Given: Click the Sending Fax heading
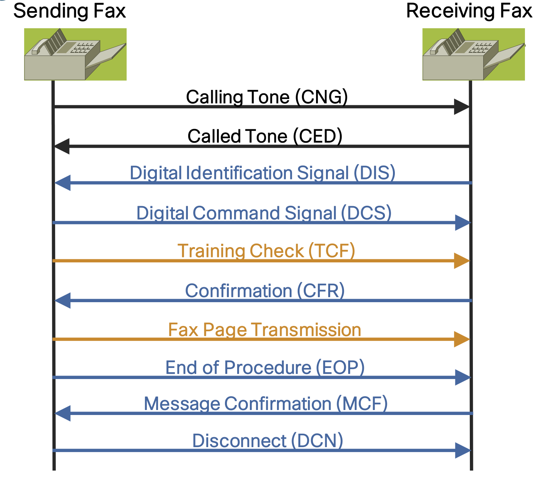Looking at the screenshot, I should (69, 11).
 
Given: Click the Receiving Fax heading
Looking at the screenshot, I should (469, 11).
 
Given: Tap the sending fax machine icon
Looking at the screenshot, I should (75, 54).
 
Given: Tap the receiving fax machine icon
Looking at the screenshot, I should (474, 54).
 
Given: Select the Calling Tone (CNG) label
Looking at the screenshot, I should (267, 97).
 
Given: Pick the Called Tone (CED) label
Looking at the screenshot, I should (265, 136).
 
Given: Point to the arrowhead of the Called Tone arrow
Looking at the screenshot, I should (62, 146).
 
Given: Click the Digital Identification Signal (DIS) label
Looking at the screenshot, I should (262, 173).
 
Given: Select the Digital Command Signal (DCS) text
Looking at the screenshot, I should (264, 213).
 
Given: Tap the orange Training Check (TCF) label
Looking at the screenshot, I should (266, 251).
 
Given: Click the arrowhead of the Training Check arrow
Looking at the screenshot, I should (461, 261).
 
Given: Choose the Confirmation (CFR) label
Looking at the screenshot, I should (265, 291).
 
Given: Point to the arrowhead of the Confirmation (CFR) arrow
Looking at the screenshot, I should (63, 301).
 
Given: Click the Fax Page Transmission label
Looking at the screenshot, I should (265, 330).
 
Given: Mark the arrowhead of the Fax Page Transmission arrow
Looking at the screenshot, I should (461, 339).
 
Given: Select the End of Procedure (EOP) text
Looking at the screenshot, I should (265, 368).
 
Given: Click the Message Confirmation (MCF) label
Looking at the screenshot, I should (266, 404).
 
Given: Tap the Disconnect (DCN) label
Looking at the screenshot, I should (267, 441).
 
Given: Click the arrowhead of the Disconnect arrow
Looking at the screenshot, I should (462, 451).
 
